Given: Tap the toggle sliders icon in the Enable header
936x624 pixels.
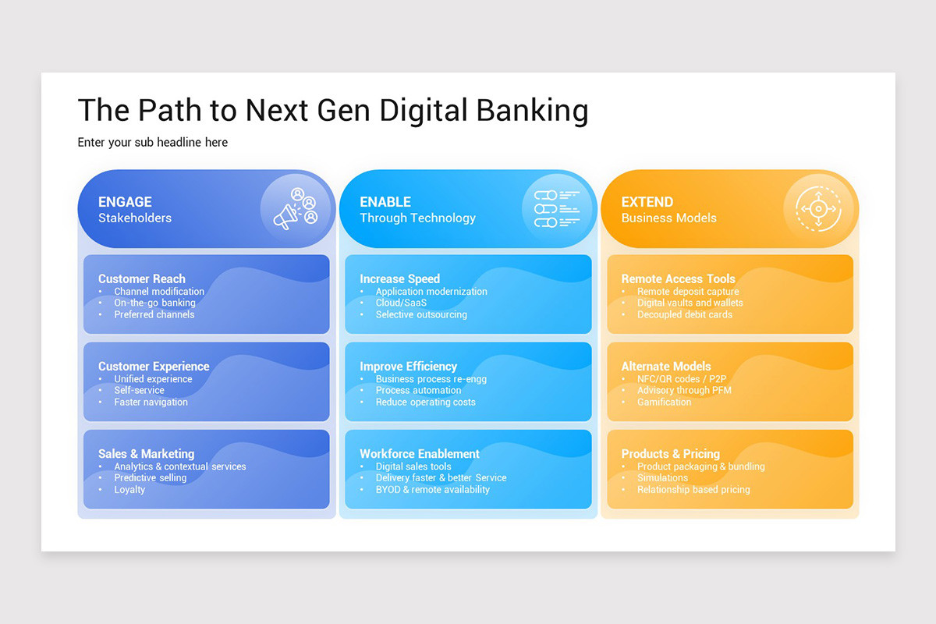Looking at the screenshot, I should [x=557, y=209].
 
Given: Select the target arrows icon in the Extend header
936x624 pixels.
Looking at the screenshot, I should [x=817, y=209].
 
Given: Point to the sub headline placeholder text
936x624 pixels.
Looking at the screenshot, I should [x=152, y=142].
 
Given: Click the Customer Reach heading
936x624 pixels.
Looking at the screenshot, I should [x=142, y=278].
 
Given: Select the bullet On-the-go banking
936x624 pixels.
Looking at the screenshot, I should [x=154, y=303].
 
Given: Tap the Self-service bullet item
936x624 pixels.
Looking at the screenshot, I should [x=139, y=390].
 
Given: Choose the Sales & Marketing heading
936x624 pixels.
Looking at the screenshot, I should [x=146, y=453].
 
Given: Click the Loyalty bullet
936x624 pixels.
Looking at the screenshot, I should [x=129, y=490].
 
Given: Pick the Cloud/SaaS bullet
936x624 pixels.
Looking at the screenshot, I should [x=401, y=303].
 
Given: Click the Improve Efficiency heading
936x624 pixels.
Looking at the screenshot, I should [x=408, y=366].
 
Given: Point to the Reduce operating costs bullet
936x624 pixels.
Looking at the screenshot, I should [x=425, y=402].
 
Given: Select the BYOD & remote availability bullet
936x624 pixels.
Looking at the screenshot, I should [x=432, y=490].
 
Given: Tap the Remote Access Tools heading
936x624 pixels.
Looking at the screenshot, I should [x=678, y=278].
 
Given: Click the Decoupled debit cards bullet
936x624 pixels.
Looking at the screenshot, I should [x=684, y=314].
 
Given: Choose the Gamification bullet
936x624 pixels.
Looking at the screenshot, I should [x=664, y=402].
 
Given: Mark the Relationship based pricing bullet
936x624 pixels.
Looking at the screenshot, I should [x=693, y=490].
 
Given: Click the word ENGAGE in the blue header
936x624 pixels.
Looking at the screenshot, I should [x=125, y=202].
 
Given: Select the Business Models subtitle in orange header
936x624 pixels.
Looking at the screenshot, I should [x=668, y=218].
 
